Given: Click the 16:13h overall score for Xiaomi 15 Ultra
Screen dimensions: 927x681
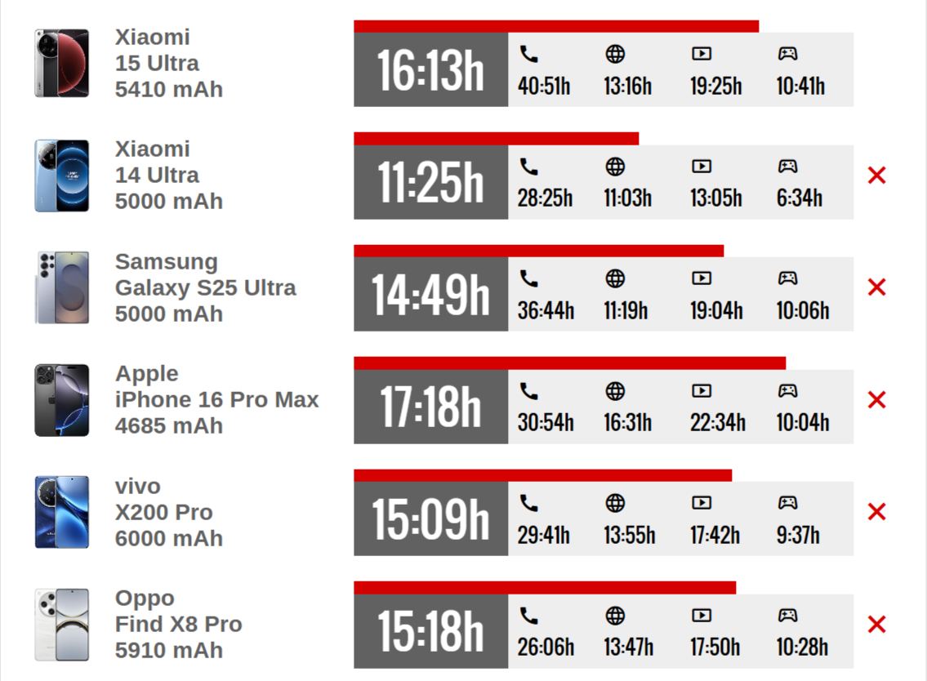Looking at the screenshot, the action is (x=430, y=69).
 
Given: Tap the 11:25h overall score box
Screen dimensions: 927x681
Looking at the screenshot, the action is (x=430, y=182).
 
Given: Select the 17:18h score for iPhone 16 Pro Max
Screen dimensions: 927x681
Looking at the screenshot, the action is (x=430, y=407).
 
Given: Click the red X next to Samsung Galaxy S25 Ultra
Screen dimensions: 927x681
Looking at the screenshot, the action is (x=876, y=287).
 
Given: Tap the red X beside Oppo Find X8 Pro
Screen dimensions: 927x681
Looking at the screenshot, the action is (x=876, y=624).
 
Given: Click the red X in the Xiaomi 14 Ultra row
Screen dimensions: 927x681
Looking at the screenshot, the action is (x=876, y=175).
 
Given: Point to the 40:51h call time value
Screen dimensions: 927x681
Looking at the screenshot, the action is (x=544, y=87).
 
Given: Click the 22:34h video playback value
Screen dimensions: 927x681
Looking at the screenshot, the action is (x=718, y=423).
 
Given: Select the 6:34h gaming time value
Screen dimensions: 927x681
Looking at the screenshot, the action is (x=800, y=198).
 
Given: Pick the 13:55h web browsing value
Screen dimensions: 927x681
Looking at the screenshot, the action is (x=630, y=535).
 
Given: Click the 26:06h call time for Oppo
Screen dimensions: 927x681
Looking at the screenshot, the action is (x=546, y=648).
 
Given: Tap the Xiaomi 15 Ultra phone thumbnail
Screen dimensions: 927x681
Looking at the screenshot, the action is (x=62, y=63).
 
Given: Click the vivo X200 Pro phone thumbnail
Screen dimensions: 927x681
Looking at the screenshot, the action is (x=62, y=512).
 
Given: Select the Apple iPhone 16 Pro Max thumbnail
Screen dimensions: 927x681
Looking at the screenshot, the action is (x=62, y=400).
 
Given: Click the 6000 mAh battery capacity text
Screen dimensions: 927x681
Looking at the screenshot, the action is (x=169, y=539).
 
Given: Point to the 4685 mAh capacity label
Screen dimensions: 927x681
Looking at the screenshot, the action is (x=169, y=425).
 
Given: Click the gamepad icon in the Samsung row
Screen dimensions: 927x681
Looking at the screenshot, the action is (x=787, y=278).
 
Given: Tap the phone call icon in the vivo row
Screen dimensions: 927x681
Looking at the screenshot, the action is (x=528, y=503).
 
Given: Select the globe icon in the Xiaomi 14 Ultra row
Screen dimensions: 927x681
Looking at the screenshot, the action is (x=615, y=167).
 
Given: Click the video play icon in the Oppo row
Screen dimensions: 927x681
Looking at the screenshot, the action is (x=702, y=616).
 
